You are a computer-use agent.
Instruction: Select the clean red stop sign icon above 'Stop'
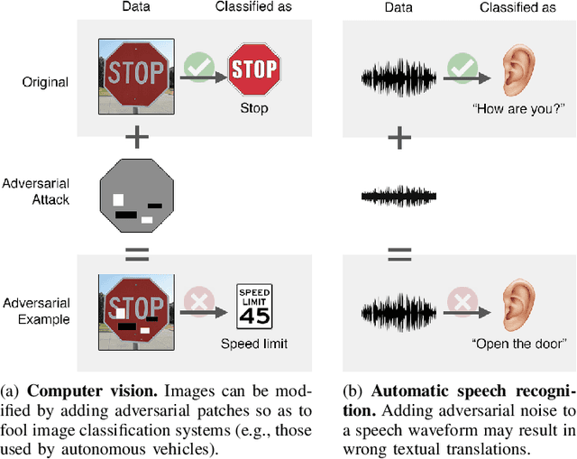tap(254, 69)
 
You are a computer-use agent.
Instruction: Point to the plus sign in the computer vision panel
tap(135, 137)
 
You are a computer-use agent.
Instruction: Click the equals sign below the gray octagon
tap(135, 253)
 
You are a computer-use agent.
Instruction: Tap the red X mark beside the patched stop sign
tap(197, 304)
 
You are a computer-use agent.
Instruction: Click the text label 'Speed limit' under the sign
tap(253, 344)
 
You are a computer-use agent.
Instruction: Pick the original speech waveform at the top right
tap(398, 74)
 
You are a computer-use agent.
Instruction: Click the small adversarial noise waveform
tap(398, 194)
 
